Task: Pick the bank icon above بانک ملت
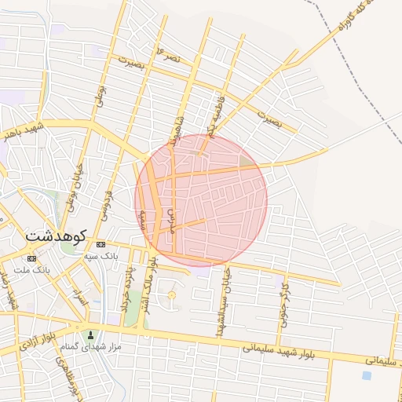31,258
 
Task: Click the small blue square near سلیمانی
366,375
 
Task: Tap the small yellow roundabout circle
172,295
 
